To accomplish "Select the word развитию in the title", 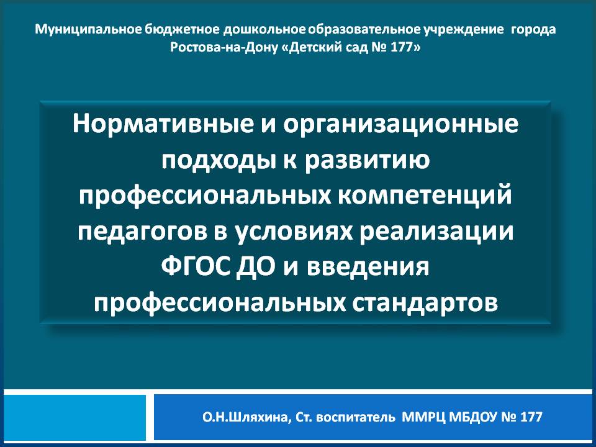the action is (368, 161).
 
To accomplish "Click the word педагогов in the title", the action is (142, 232).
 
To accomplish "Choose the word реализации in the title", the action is (436, 232).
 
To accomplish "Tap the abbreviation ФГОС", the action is (196, 267).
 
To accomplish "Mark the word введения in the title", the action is (368, 267).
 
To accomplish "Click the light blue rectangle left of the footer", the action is (75, 417).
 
